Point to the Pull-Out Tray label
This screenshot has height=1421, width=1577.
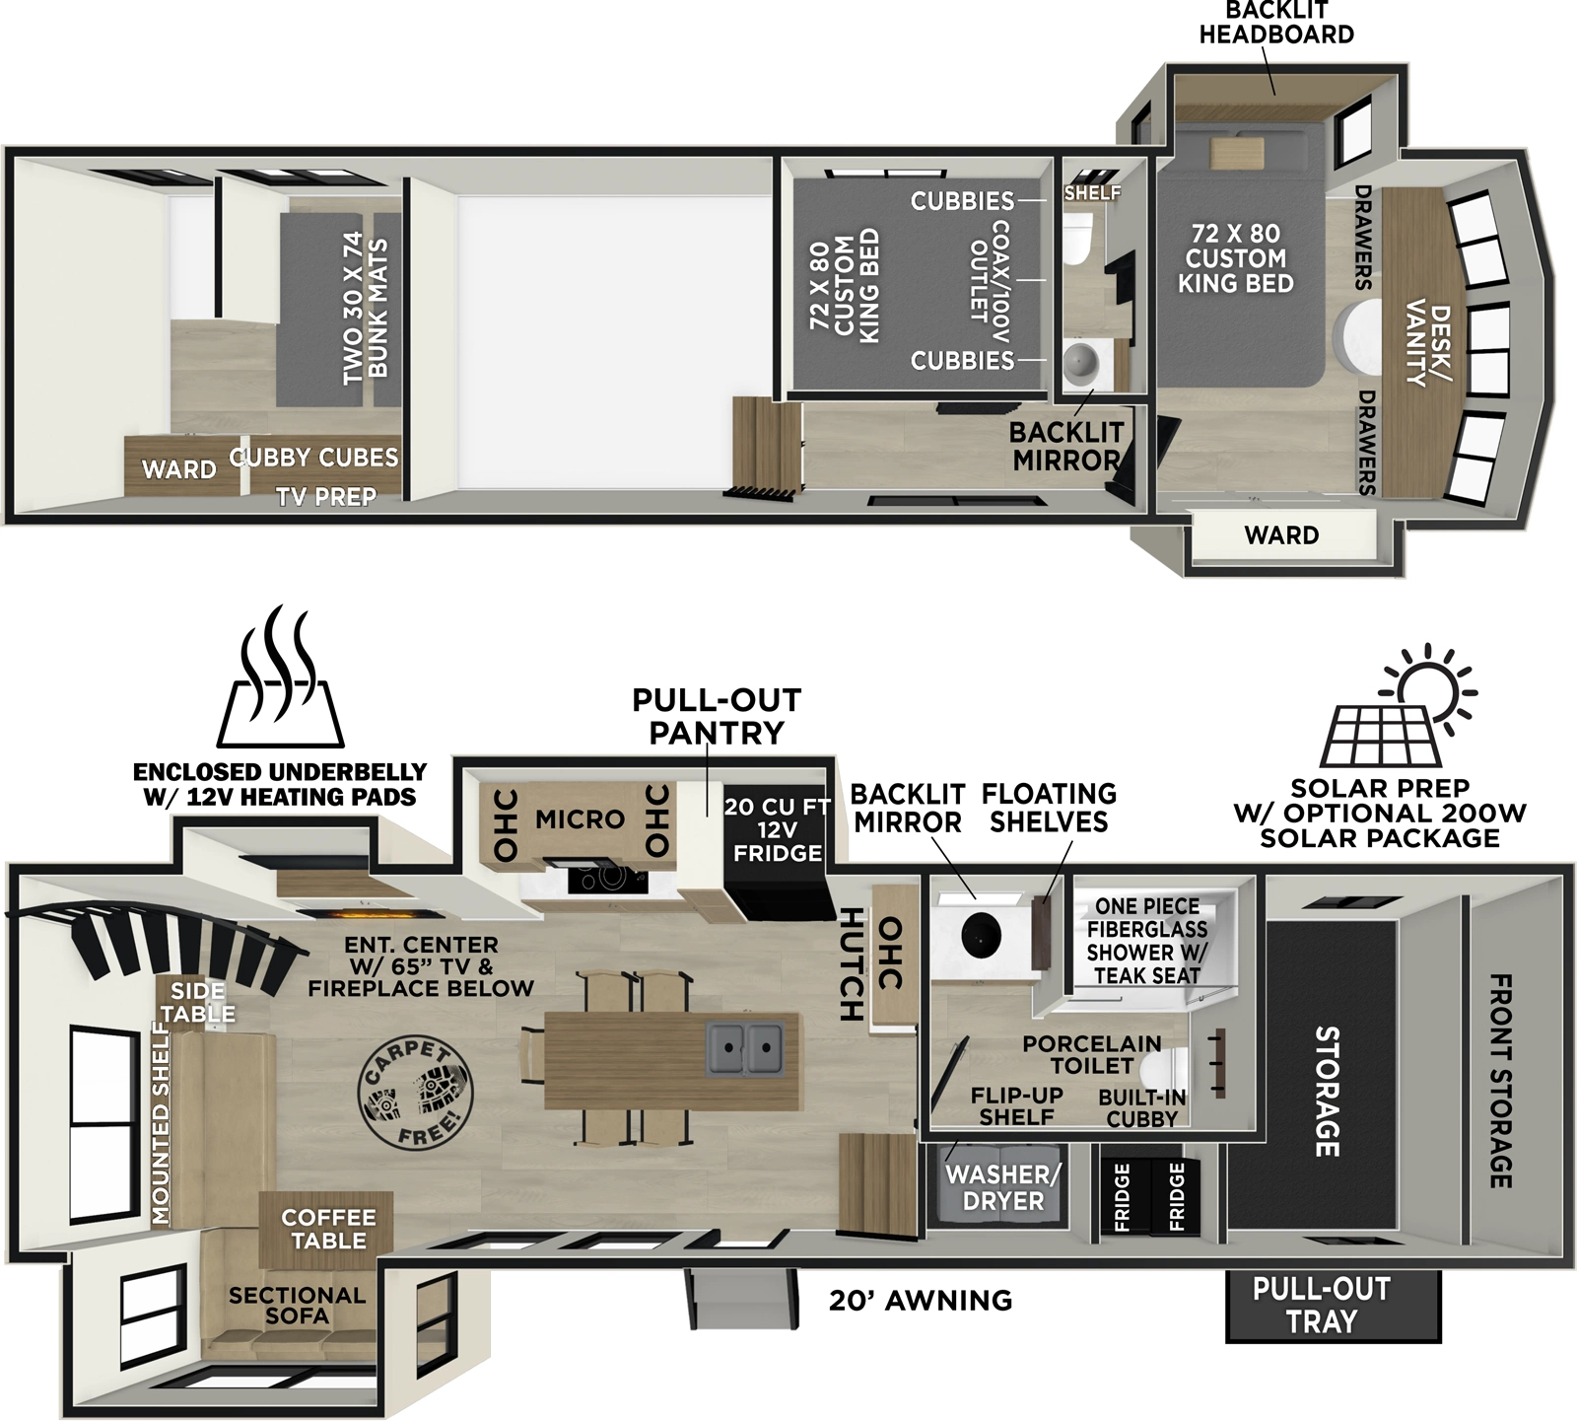coord(1321,1305)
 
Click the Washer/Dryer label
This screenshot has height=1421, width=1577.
coord(1003,1187)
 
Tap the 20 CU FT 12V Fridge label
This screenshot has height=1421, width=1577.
coord(777,829)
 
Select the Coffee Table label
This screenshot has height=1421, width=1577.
coord(328,1229)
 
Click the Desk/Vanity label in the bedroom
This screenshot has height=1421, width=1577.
coord(1428,344)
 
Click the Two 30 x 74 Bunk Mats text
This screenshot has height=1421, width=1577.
coord(365,308)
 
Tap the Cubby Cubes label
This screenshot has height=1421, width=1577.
coord(313,458)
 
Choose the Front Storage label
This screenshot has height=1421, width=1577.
coord(1499,1081)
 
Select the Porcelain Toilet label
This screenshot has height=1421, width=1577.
coord(1091,1054)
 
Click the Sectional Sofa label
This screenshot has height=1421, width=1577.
coord(297,1306)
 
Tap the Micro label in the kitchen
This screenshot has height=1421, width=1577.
coord(580,818)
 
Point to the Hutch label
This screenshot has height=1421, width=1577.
coord(851,963)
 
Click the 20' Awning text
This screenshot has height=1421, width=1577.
coord(920,1301)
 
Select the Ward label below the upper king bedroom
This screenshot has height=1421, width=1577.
coord(1280,535)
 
